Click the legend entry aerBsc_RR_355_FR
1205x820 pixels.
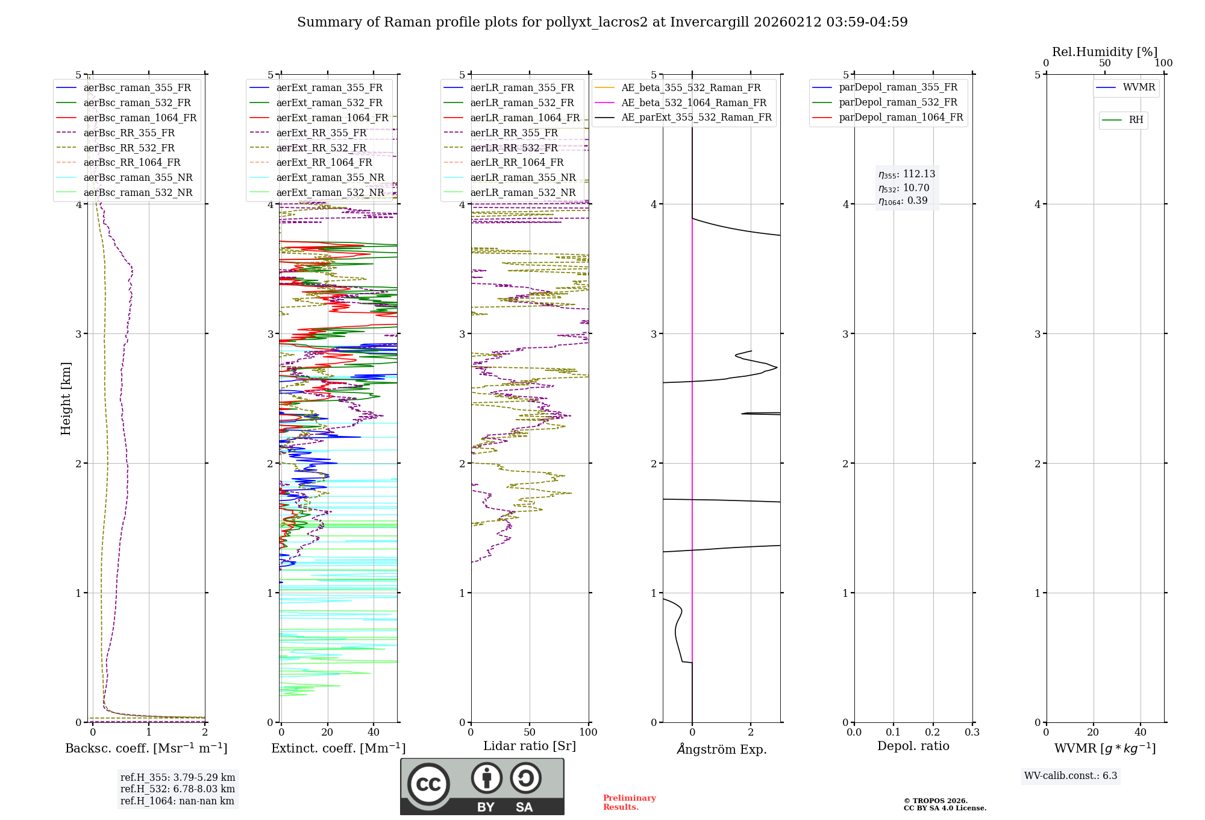pyautogui.click(x=129, y=133)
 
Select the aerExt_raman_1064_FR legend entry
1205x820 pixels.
pyautogui.click(x=332, y=118)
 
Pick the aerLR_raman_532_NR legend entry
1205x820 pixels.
pyautogui.click(x=522, y=192)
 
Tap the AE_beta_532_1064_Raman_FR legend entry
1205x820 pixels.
pyautogui.click(x=693, y=102)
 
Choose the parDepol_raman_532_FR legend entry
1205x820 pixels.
pyautogui.click(x=898, y=102)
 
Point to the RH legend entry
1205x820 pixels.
pyautogui.click(x=1136, y=120)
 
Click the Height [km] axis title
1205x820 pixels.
pyautogui.click(x=66, y=399)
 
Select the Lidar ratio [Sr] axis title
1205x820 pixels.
pyautogui.click(x=530, y=746)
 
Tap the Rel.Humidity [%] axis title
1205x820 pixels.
pyautogui.click(x=1104, y=52)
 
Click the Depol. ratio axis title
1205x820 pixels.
pyautogui.click(x=913, y=746)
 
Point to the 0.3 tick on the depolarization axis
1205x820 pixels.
pyautogui.click(x=972, y=733)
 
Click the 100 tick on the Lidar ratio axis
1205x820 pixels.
pyautogui.click(x=588, y=733)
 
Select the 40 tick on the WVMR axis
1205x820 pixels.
pyautogui.click(x=1141, y=733)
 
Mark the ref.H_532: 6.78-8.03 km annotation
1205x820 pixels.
pyautogui.click(x=178, y=789)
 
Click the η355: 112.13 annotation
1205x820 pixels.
pyautogui.click(x=907, y=174)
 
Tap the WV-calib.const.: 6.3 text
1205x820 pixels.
pyautogui.click(x=1071, y=776)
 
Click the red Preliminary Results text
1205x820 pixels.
pyautogui.click(x=629, y=803)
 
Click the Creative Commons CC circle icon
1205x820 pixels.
pyautogui.click(x=428, y=784)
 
